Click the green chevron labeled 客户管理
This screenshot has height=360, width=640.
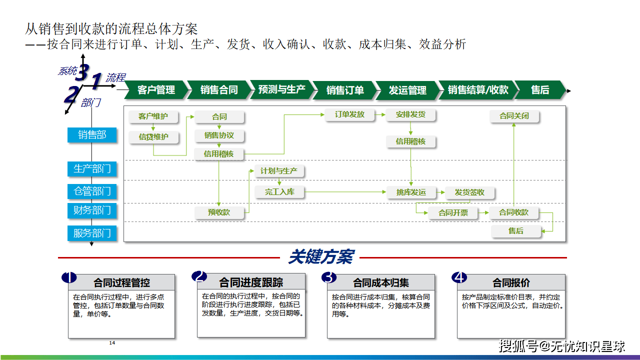click(156, 90)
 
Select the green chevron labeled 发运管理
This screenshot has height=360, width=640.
click(407, 90)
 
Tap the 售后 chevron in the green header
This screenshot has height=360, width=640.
click(540, 90)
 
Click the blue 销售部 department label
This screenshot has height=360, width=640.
click(92, 135)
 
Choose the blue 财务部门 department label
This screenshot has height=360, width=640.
click(92, 210)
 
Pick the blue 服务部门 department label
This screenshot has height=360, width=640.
click(92, 233)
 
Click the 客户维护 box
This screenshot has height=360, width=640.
click(153, 116)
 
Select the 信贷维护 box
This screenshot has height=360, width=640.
click(153, 137)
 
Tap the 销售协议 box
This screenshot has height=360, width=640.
click(219, 135)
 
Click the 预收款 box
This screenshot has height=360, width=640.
click(219, 212)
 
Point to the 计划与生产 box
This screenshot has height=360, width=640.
click(279, 171)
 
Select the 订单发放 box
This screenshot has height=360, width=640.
click(349, 114)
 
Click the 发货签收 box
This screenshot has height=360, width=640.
click(469, 192)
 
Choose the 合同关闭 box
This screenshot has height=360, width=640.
click(514, 116)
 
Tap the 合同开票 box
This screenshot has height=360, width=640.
click(453, 213)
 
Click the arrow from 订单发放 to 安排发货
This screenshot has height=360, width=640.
click(380, 115)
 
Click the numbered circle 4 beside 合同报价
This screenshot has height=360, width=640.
click(459, 277)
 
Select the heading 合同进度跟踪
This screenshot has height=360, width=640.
click(251, 282)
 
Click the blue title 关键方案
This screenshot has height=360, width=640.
click(321, 256)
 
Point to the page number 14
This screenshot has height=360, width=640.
click(112, 343)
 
